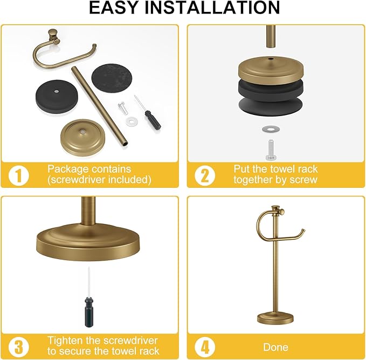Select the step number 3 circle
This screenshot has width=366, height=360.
pyautogui.click(x=18, y=345)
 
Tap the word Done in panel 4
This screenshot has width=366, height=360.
pyautogui.click(x=275, y=347)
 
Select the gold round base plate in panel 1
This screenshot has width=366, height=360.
pyautogui.click(x=85, y=134)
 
